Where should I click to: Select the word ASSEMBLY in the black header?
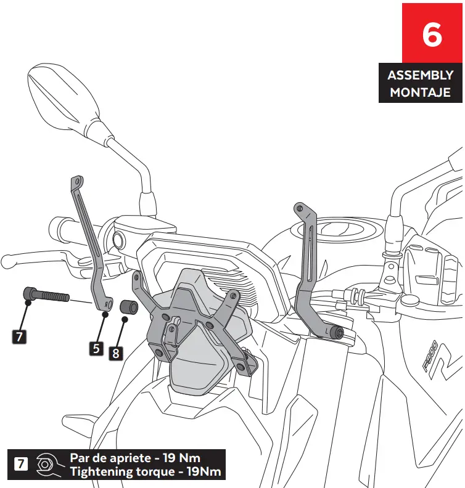420,76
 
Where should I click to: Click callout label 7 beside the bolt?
19,336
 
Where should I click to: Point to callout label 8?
115,353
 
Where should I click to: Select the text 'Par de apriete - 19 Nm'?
134,458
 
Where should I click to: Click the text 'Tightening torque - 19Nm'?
145,472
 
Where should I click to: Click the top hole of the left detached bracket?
76,181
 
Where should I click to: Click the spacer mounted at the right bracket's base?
337,333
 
